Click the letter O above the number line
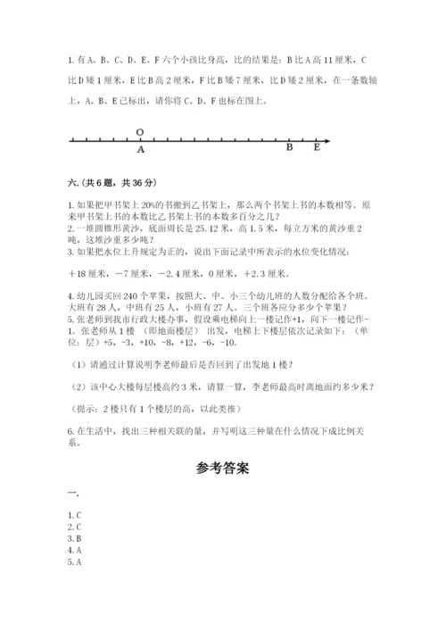[x=140, y=131]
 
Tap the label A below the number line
[x=140, y=150]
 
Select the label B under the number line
[x=290, y=149]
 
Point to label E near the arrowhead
[x=317, y=149]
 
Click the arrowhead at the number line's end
[x=327, y=140]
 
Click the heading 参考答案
[x=223, y=467]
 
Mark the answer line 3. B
[x=75, y=539]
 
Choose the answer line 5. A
[x=75, y=562]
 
